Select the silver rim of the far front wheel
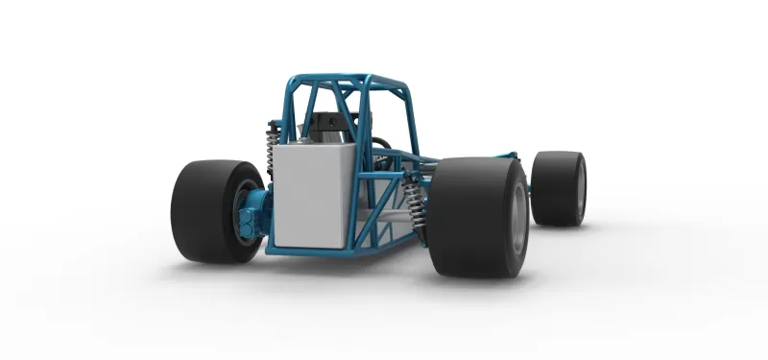(581, 188)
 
